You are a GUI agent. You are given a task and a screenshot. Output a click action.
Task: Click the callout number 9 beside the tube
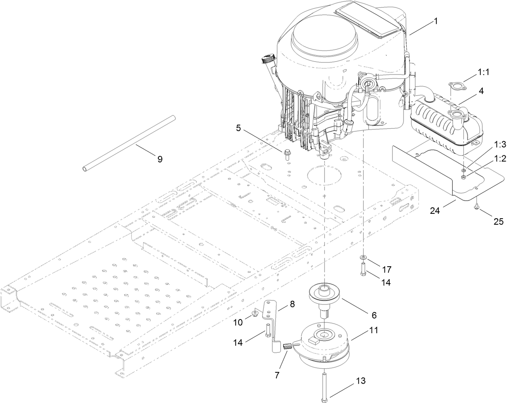point(160,159)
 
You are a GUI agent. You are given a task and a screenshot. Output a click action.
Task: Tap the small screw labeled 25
point(477,207)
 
